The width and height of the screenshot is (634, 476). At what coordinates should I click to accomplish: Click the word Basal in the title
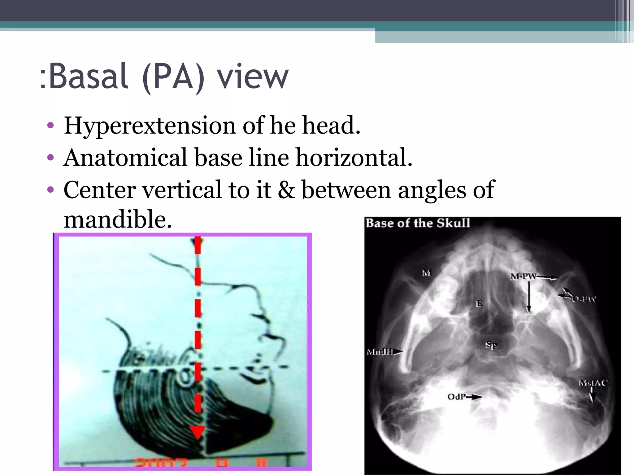(88, 76)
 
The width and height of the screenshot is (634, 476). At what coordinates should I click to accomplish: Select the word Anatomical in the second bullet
(125, 158)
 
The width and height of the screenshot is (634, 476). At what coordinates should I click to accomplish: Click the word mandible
(117, 219)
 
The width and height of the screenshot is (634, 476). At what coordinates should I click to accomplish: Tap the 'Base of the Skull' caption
(418, 223)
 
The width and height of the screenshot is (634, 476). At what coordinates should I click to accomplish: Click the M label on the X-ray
(426, 273)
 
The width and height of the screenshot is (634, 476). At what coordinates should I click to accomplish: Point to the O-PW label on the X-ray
(584, 299)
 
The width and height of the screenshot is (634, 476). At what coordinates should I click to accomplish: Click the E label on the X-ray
(479, 304)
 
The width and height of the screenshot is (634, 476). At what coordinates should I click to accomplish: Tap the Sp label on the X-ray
(491, 345)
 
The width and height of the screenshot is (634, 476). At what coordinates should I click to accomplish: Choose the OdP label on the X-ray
(457, 397)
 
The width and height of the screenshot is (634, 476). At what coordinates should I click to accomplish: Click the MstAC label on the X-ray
(593, 383)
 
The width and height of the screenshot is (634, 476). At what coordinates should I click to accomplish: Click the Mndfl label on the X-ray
(380, 352)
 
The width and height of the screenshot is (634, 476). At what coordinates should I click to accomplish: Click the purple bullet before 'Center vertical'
(50, 190)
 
